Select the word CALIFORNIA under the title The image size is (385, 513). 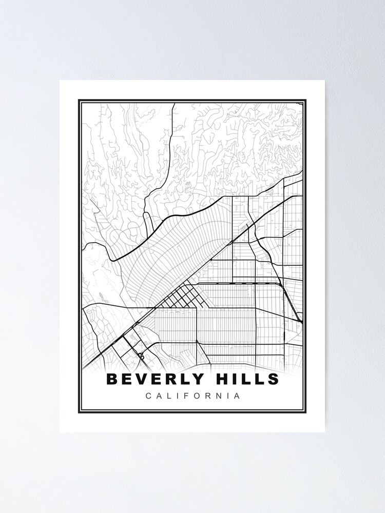click(x=192, y=396)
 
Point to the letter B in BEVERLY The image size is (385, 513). click(x=111, y=380)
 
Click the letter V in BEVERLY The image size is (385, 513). click(x=140, y=380)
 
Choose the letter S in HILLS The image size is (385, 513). click(x=273, y=380)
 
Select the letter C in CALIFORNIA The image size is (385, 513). click(x=148, y=396)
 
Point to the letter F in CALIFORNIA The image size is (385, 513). click(x=185, y=396)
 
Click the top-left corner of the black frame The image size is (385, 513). click(x=79, y=101)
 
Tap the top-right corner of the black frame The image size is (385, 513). click(x=305, y=101)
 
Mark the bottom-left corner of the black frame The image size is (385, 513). click(x=79, y=412)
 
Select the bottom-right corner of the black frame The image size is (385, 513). click(x=305, y=412)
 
